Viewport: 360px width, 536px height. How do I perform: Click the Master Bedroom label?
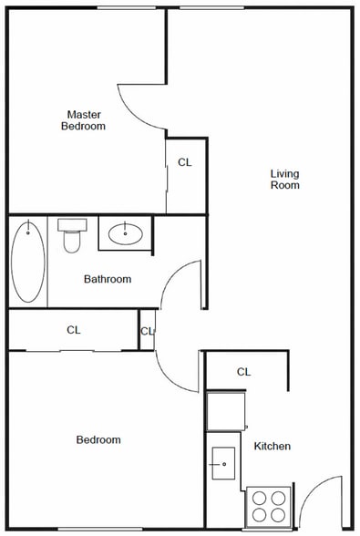[x=83, y=120]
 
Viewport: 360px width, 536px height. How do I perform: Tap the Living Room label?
[x=284, y=179]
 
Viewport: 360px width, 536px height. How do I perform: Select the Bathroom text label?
[x=108, y=279]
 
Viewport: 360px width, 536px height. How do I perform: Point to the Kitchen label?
[x=273, y=446]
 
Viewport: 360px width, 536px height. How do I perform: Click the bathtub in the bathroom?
[x=28, y=262]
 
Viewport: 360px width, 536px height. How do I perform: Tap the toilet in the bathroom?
[x=72, y=236]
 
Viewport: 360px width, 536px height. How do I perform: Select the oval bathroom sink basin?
[x=126, y=233]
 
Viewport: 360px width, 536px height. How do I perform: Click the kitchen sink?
[x=223, y=463]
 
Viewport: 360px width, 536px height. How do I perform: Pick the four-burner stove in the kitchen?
[x=269, y=506]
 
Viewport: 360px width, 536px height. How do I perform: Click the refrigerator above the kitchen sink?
[x=226, y=411]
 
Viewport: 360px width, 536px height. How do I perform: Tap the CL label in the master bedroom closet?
[x=185, y=162]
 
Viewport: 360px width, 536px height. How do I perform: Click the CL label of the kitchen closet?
[x=243, y=372]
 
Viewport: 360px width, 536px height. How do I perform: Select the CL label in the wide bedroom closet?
[x=74, y=330]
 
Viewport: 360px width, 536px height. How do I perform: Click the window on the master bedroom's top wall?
[x=127, y=7]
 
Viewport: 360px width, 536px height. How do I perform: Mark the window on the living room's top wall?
[x=212, y=7]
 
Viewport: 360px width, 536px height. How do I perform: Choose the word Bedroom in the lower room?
[x=98, y=439]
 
